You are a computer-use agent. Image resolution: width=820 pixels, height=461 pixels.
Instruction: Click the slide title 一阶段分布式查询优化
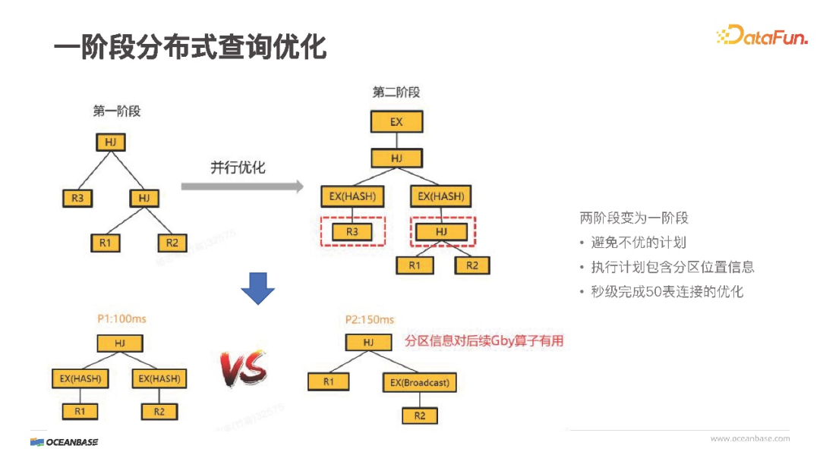(x=190, y=46)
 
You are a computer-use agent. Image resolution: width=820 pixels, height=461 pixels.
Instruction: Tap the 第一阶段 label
(x=117, y=111)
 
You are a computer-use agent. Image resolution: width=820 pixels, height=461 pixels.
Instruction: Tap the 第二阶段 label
(x=396, y=92)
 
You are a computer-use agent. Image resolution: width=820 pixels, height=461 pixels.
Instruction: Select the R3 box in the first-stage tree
(x=77, y=199)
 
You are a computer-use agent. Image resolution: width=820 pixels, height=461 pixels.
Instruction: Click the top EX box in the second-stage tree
(x=396, y=122)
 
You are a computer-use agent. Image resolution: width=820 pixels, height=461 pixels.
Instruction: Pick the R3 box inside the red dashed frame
(x=352, y=232)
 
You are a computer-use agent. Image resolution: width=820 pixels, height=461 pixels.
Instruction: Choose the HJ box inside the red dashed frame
(x=443, y=232)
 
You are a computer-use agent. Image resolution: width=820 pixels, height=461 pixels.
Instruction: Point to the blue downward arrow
(x=257, y=289)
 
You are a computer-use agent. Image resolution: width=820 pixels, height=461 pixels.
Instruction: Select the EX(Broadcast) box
(x=420, y=383)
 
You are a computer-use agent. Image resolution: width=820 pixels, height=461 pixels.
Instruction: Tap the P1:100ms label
(x=121, y=319)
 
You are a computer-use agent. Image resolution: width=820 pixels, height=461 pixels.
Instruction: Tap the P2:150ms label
(x=370, y=319)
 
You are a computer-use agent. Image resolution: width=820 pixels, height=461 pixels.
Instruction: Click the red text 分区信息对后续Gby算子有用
(x=484, y=341)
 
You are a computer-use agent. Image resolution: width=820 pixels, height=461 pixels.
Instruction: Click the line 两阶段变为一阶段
(x=634, y=218)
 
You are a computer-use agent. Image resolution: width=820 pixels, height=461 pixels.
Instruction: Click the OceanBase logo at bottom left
(x=65, y=442)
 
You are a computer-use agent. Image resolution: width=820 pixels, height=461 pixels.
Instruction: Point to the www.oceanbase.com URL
(x=749, y=438)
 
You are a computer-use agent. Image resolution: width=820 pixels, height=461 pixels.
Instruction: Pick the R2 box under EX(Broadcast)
(x=420, y=416)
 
